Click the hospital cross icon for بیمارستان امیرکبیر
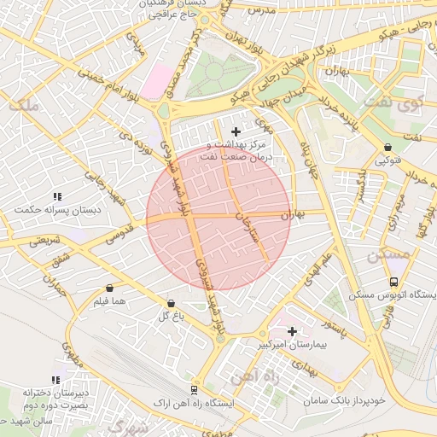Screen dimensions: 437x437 [292, 330]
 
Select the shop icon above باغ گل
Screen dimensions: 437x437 [171, 303]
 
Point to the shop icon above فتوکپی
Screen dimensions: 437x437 [387, 147]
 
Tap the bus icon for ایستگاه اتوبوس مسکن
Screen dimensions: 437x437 [393, 282]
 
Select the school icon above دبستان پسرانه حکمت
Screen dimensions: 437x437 [56, 196]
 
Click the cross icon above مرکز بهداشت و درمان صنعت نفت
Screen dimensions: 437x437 [236, 131]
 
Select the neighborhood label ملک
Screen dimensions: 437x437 [23, 105]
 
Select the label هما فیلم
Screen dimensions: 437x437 [110, 302]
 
